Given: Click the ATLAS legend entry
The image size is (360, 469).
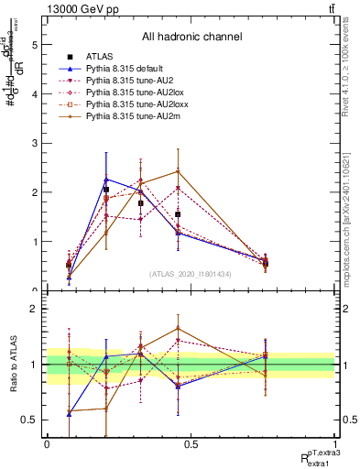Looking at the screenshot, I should click(x=98, y=58).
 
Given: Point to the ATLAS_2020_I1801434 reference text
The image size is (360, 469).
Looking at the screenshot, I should click(x=191, y=274).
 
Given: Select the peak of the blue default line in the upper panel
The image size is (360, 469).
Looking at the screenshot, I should click(x=106, y=179).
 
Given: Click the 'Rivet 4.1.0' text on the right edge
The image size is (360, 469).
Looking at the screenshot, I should click(x=352, y=82).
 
